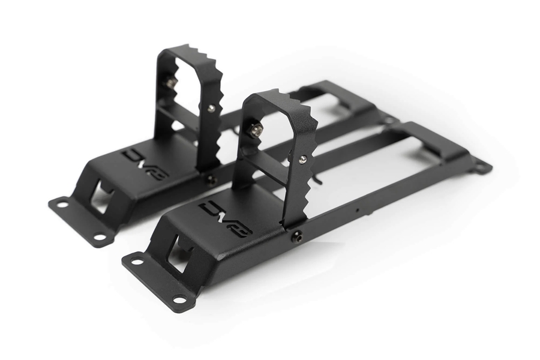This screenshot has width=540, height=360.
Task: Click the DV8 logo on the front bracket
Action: [226, 219]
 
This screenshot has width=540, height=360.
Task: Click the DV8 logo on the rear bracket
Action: [145, 164]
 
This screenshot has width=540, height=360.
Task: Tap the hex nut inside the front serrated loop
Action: [256, 130]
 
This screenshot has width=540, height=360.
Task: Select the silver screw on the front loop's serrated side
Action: [302, 159]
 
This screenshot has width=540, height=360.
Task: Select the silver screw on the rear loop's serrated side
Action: [211, 108]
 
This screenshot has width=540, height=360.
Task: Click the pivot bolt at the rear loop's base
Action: [210, 178]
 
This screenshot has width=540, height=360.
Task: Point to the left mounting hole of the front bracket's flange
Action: [137, 261]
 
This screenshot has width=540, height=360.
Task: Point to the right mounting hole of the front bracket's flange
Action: [179, 298]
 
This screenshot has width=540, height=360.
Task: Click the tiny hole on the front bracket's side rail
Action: [358, 211]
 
